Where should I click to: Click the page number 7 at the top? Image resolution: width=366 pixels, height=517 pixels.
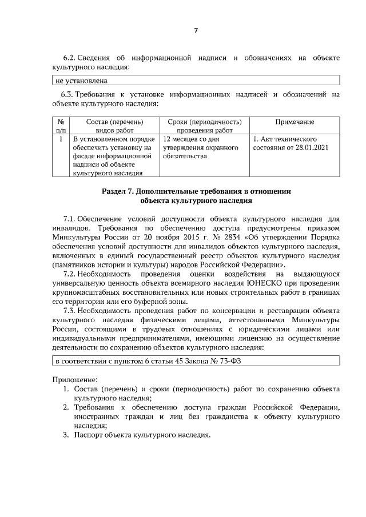(x=196, y=30)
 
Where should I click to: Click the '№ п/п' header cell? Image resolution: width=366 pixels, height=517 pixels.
(x=61, y=126)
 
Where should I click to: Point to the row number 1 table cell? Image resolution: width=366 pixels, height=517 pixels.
(x=61, y=139)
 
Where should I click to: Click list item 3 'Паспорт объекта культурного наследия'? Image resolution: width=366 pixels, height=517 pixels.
(x=141, y=435)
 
